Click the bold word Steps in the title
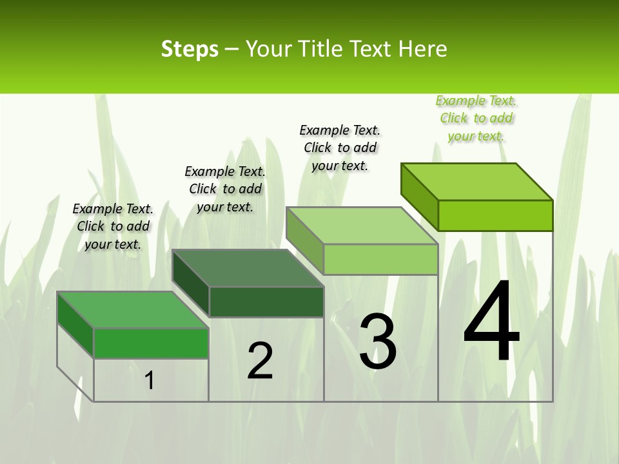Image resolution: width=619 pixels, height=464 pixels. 190,49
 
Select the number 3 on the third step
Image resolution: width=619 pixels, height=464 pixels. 378,342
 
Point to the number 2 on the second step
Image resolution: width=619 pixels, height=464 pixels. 260,361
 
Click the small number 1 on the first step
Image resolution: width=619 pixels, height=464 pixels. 150,380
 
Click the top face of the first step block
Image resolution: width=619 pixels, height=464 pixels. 133,309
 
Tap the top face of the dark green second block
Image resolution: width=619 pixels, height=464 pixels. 248,267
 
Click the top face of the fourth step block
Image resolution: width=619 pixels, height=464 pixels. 477,182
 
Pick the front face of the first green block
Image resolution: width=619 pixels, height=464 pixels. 151,343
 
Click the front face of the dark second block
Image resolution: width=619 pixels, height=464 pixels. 266,302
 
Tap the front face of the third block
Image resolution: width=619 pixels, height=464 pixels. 380,260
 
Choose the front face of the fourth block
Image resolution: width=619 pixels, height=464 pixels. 495,215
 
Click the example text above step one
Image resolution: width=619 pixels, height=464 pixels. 113,226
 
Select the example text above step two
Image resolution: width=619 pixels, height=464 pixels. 225,189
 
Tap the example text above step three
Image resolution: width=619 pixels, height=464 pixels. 340,148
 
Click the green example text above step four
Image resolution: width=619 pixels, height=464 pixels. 476,118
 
